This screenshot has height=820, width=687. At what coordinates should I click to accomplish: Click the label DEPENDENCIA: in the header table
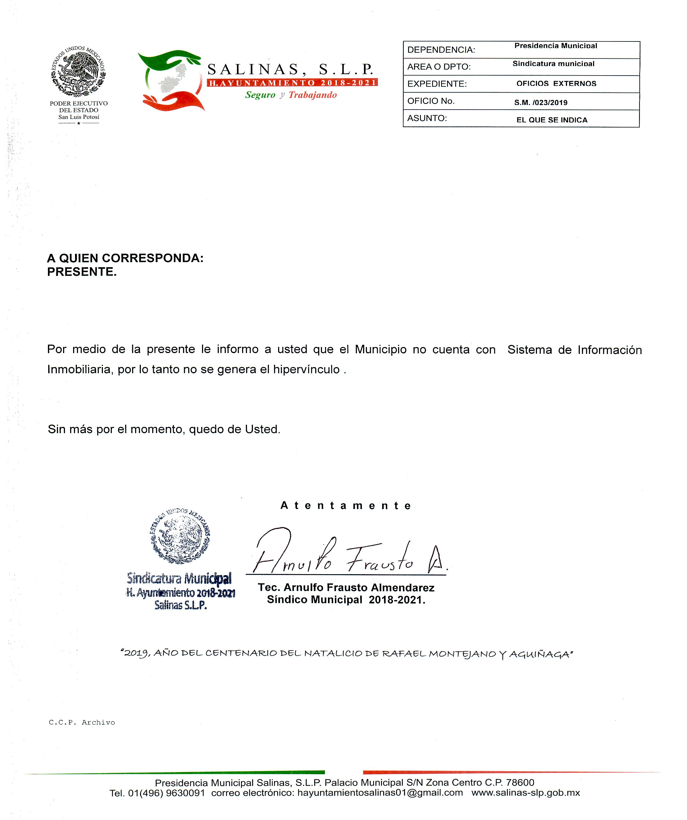(441, 50)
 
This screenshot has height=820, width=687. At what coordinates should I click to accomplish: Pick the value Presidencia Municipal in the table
(555, 46)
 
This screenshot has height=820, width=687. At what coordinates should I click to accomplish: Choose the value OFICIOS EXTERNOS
(556, 84)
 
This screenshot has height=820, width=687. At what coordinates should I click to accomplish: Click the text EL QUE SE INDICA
(552, 120)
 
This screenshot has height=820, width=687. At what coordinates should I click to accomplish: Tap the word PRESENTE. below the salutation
(82, 272)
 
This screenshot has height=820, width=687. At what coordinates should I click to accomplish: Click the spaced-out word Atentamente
(346, 506)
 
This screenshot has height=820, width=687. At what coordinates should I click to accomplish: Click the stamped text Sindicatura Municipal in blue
(179, 578)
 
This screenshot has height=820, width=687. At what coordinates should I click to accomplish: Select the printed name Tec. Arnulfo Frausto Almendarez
(346, 588)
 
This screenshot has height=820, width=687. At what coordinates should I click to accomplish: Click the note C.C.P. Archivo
(82, 722)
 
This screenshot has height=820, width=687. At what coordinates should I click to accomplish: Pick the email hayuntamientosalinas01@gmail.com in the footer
(380, 793)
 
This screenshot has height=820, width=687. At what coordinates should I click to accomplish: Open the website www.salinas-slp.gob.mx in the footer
(525, 793)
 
